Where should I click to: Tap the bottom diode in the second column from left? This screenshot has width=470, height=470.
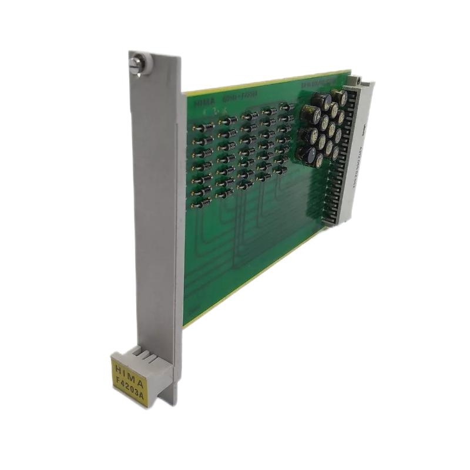click(x=223, y=192)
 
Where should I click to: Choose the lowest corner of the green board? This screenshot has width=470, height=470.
click(x=184, y=327)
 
